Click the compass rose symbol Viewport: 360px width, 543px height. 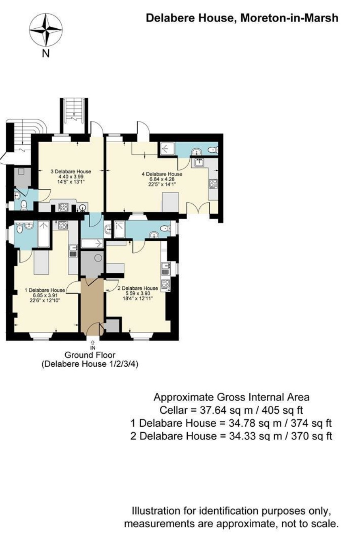click(45, 30)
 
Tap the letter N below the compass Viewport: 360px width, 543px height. click(46, 53)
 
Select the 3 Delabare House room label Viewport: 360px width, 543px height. click(71, 171)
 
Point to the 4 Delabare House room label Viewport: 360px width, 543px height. click(162, 174)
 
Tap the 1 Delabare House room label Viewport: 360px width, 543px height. click(45, 290)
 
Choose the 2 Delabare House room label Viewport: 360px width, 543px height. click(137, 289)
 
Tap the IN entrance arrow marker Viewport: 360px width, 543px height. click(93, 345)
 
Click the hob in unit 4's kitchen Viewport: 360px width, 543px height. click(213, 183)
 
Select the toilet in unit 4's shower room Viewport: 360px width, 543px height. click(212, 150)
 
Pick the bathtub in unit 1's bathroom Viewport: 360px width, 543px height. click(43, 234)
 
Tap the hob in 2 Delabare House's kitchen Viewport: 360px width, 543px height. click(165, 284)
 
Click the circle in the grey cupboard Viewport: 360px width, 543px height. click(98, 258)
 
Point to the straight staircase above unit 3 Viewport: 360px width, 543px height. click(73, 115)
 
